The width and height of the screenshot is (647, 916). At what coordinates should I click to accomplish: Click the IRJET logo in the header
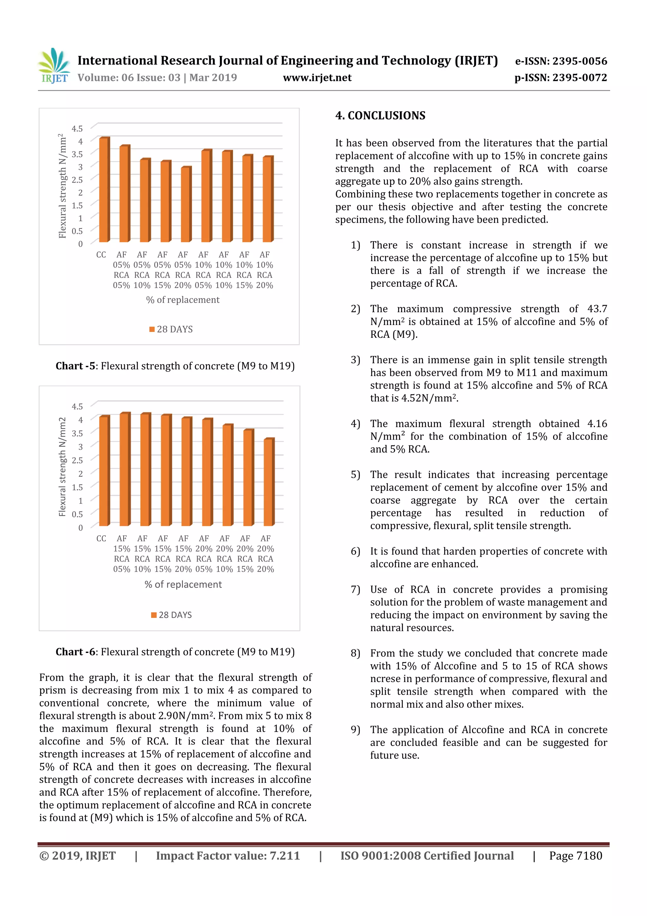54,65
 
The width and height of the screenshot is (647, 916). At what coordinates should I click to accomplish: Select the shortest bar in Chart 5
186,204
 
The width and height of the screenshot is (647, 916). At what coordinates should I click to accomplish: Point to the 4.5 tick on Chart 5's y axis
77,128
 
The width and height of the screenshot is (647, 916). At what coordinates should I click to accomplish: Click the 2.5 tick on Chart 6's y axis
77,460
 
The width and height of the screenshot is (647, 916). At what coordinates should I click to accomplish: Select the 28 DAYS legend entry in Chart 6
172,615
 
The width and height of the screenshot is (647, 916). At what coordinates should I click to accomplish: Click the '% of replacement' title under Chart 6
183,584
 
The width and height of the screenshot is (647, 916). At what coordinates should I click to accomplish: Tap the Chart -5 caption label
75,366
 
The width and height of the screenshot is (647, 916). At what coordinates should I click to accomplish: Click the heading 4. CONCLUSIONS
380,116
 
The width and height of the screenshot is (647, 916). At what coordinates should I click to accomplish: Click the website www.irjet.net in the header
317,77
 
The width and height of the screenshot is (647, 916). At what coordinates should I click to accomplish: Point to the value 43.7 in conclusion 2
597,309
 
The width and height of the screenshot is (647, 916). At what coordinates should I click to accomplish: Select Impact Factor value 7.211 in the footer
228,855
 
